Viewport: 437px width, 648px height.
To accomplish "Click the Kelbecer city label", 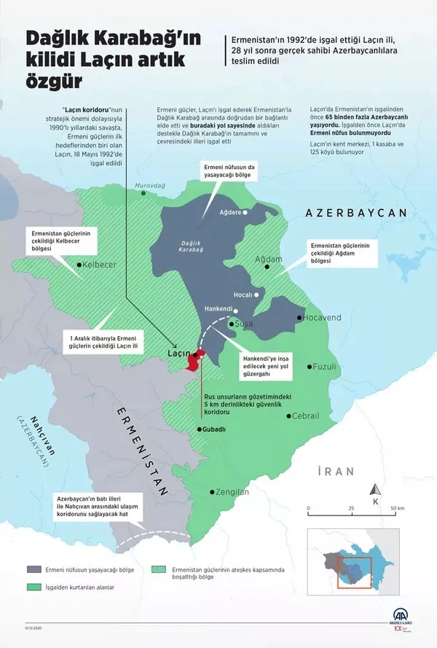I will click(x=100, y=265).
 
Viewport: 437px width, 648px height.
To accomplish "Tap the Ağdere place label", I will click(x=230, y=213).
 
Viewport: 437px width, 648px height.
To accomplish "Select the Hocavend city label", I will click(x=323, y=319).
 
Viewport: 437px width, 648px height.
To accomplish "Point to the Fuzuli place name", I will click(x=324, y=367).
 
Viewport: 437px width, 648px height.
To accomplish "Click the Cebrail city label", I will click(x=305, y=415).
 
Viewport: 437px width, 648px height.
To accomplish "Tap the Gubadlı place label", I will click(x=215, y=429).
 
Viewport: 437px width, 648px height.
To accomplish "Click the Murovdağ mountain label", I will click(x=151, y=186).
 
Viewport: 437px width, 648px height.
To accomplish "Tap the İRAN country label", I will click(x=335, y=472).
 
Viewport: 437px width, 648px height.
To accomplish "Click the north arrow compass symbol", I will click(x=374, y=491).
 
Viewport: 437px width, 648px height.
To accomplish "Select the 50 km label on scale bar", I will click(x=398, y=507).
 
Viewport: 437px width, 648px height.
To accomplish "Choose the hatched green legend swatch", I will click(x=159, y=569).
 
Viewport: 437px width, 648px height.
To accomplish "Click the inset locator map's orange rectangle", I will click(x=354, y=572).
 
